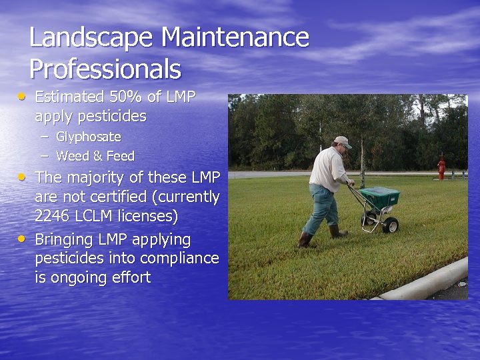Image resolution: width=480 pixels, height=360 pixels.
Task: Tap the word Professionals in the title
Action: coord(105,69)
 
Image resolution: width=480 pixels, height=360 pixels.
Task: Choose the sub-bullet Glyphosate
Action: coord(89,137)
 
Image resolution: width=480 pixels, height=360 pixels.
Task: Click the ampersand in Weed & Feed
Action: coord(91,156)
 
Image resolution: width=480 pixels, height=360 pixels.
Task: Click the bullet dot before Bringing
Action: coord(23,237)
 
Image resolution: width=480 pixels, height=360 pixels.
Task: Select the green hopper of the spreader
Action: coord(380,197)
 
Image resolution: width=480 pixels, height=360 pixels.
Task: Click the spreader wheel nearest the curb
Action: coord(391,224)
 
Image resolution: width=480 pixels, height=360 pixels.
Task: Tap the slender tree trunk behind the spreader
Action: coord(362,163)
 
